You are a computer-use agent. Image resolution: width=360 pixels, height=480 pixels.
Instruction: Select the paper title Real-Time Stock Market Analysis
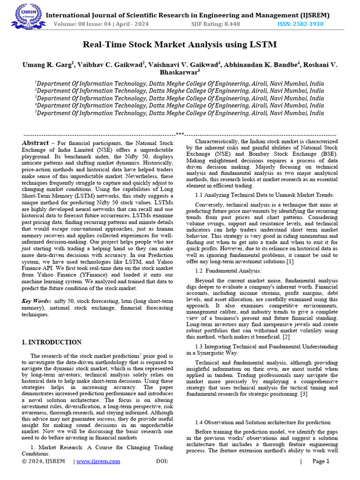[180, 45]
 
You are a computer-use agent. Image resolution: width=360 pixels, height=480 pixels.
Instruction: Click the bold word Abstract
[35, 143]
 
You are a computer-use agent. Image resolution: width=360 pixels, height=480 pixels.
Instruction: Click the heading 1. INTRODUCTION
[52, 343]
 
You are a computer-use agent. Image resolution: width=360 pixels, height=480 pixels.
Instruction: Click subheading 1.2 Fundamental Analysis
[228, 270]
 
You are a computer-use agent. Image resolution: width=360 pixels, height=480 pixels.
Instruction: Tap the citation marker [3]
[304, 395]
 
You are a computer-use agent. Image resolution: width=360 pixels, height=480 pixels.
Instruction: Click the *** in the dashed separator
[180, 135]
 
